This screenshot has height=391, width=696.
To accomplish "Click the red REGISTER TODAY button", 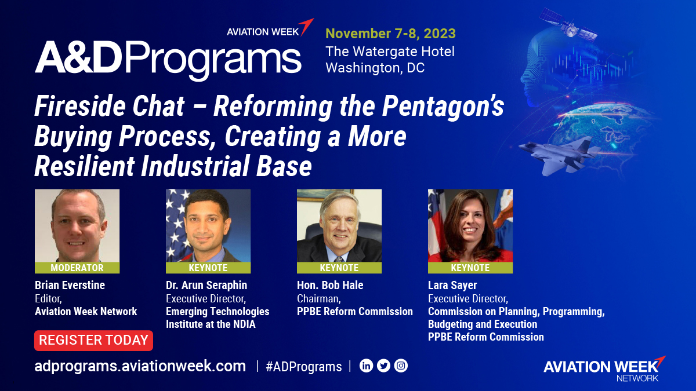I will click(x=93, y=341).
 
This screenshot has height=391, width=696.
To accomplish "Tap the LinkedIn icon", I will click(x=366, y=366).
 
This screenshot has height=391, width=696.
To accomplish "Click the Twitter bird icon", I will click(x=383, y=366).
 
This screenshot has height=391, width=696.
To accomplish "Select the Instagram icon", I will click(x=401, y=366).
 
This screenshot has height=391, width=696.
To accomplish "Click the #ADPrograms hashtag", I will click(x=303, y=366).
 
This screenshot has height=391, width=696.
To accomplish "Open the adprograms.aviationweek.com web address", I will click(x=140, y=366).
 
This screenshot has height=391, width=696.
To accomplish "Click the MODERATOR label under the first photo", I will click(x=77, y=268).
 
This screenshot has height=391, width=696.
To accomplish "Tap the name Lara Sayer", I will click(x=453, y=285).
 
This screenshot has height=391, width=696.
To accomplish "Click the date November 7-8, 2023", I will click(x=390, y=33).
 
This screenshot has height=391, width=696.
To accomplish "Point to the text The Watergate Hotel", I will click(x=390, y=51).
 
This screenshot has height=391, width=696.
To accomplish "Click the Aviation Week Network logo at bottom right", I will click(x=603, y=368).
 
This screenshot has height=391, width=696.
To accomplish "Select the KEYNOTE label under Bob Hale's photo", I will click(x=339, y=268).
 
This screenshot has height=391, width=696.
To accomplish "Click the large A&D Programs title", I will click(x=168, y=58).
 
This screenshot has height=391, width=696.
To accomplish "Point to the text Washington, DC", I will click(x=375, y=68).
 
